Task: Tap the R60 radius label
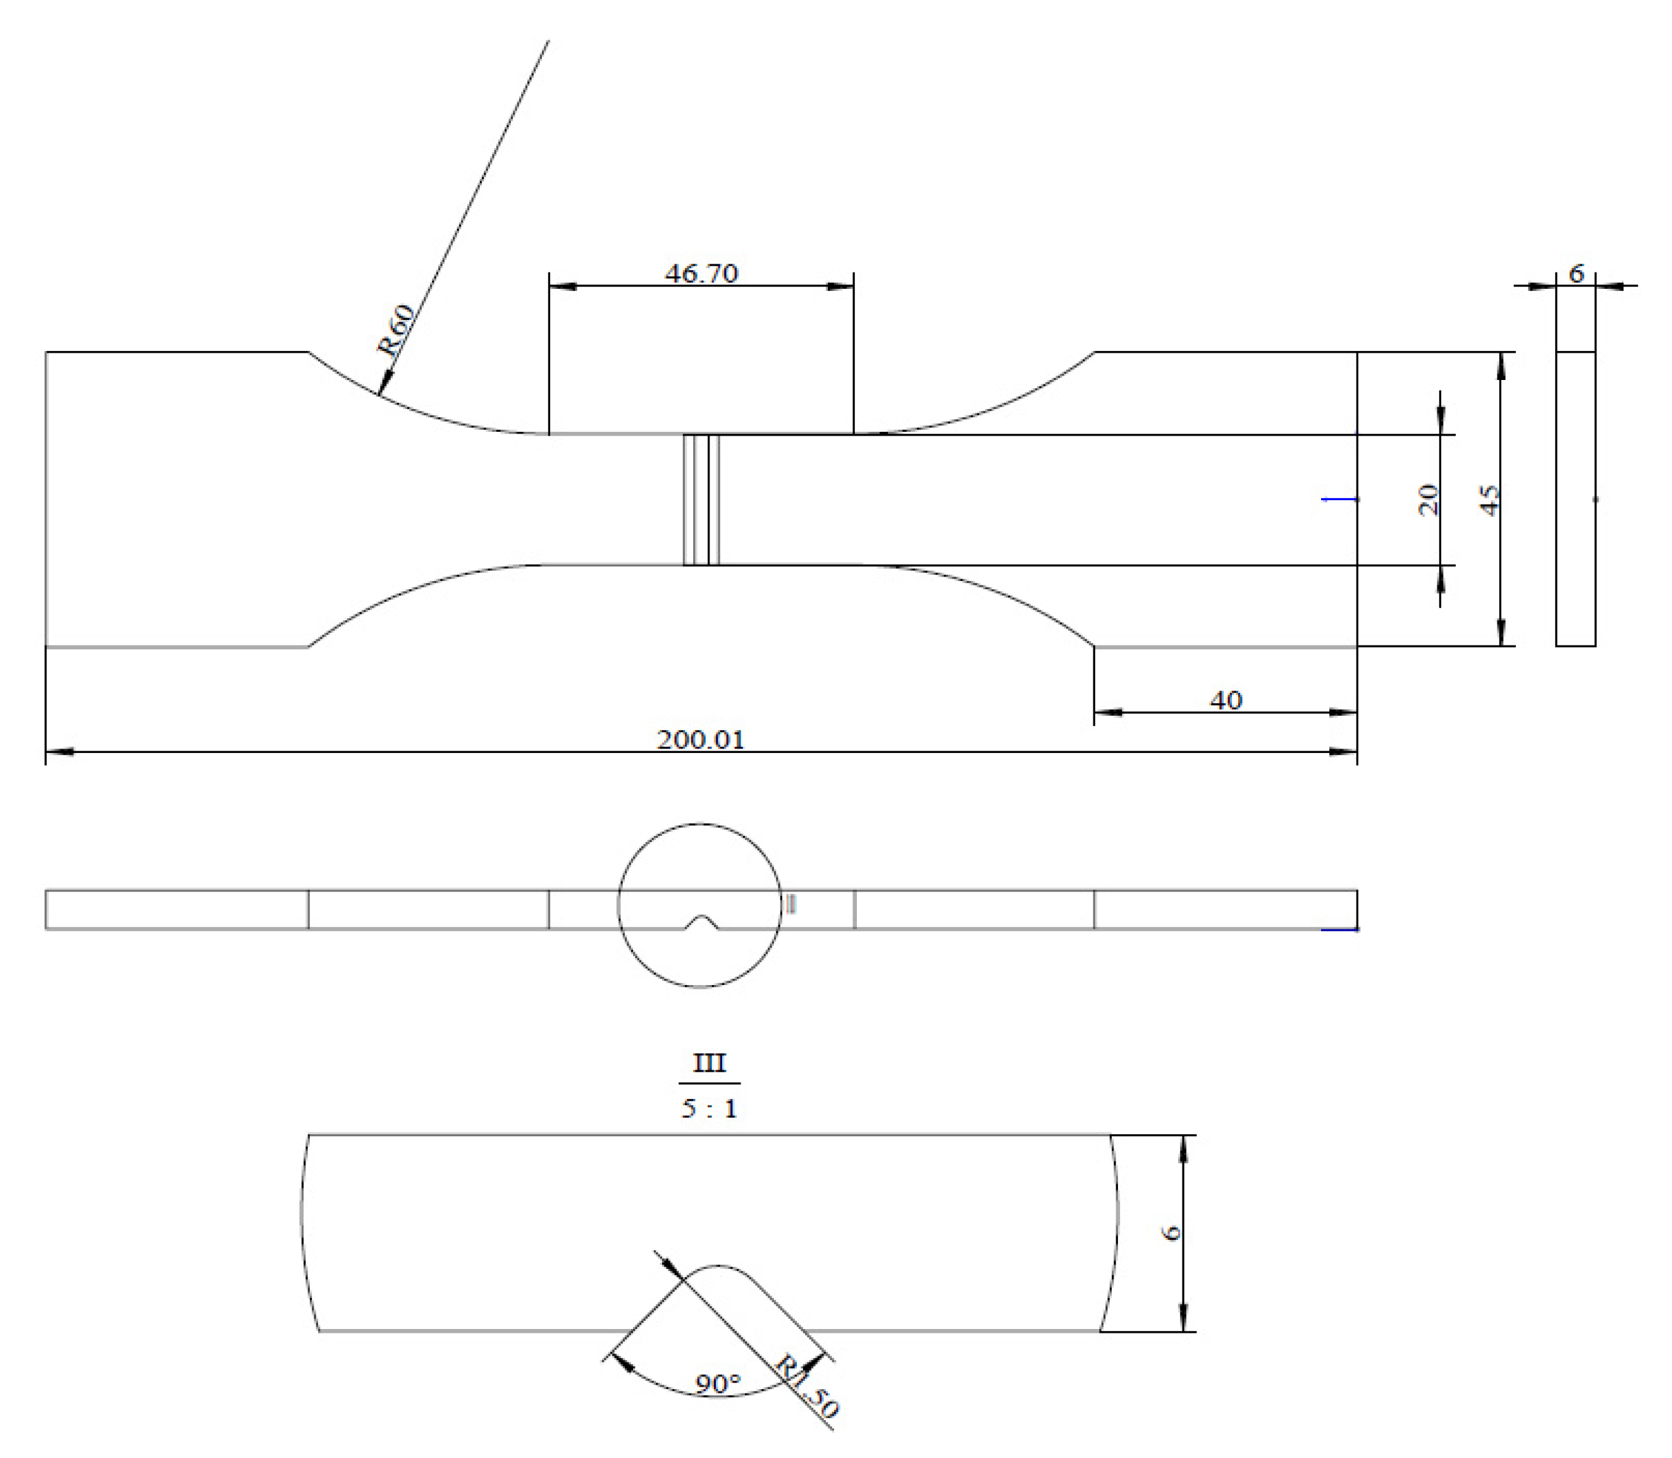396,330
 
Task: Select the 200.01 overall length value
701,740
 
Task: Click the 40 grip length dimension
1226,701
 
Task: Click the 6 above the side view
1576,274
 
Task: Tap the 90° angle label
718,1383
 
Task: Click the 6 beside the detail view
1172,1233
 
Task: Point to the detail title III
709,1063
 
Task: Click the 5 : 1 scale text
709,1109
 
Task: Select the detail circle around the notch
618,905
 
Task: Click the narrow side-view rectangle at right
1575,499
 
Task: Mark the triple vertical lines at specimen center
701,499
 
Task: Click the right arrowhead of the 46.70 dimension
841,286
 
